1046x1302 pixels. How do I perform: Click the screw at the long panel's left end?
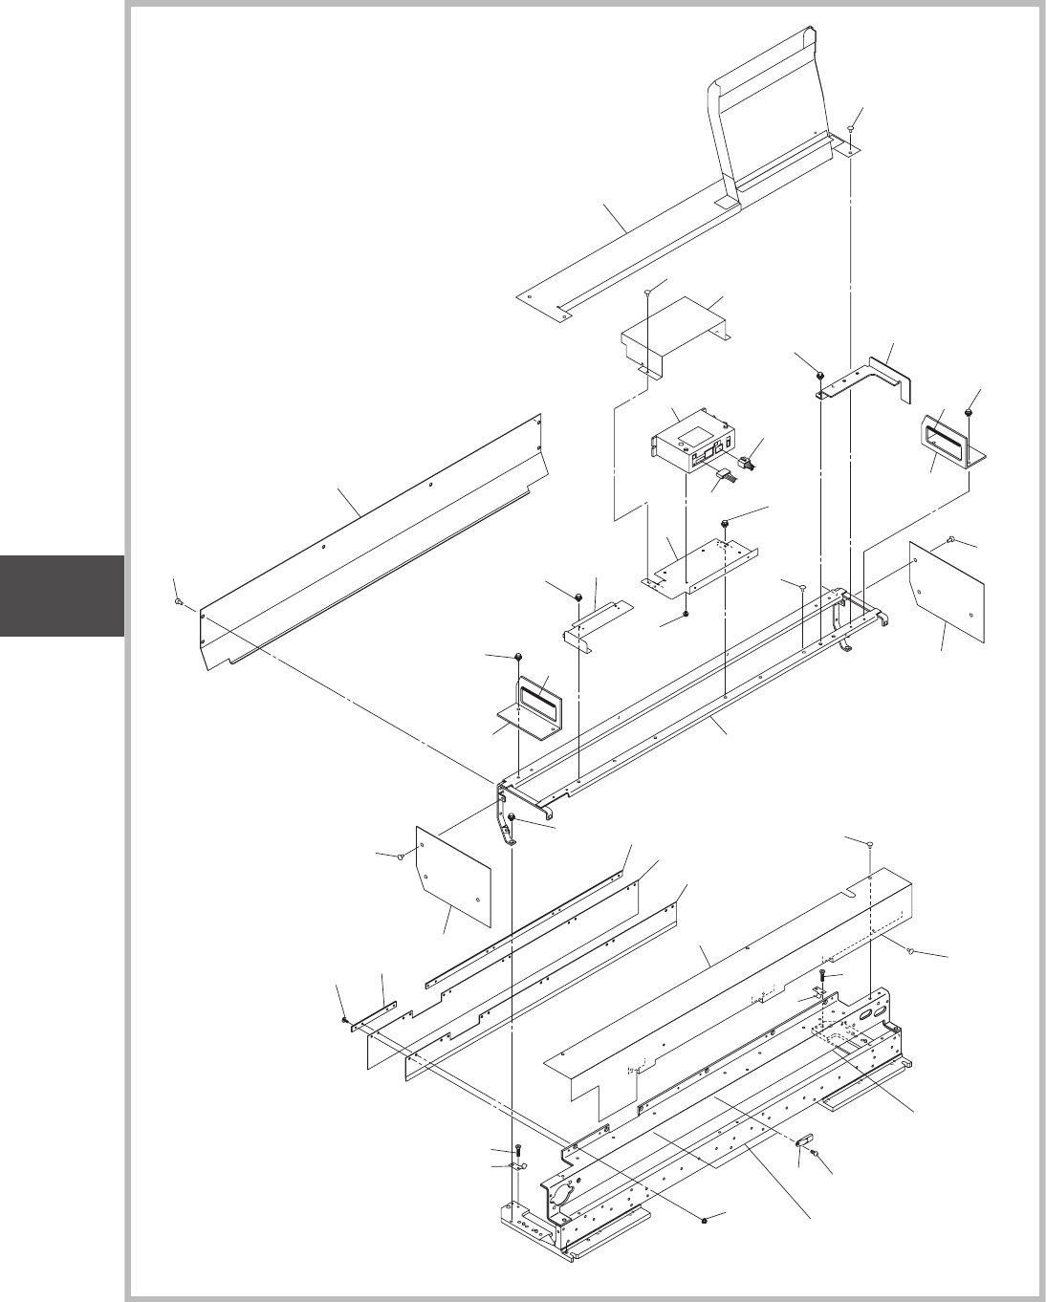click(179, 601)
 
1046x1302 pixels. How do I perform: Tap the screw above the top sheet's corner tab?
click(852, 130)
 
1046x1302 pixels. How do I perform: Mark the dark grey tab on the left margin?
click(61, 595)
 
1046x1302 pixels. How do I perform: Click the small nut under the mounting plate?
click(687, 615)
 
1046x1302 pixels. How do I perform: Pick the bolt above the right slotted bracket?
click(969, 412)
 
